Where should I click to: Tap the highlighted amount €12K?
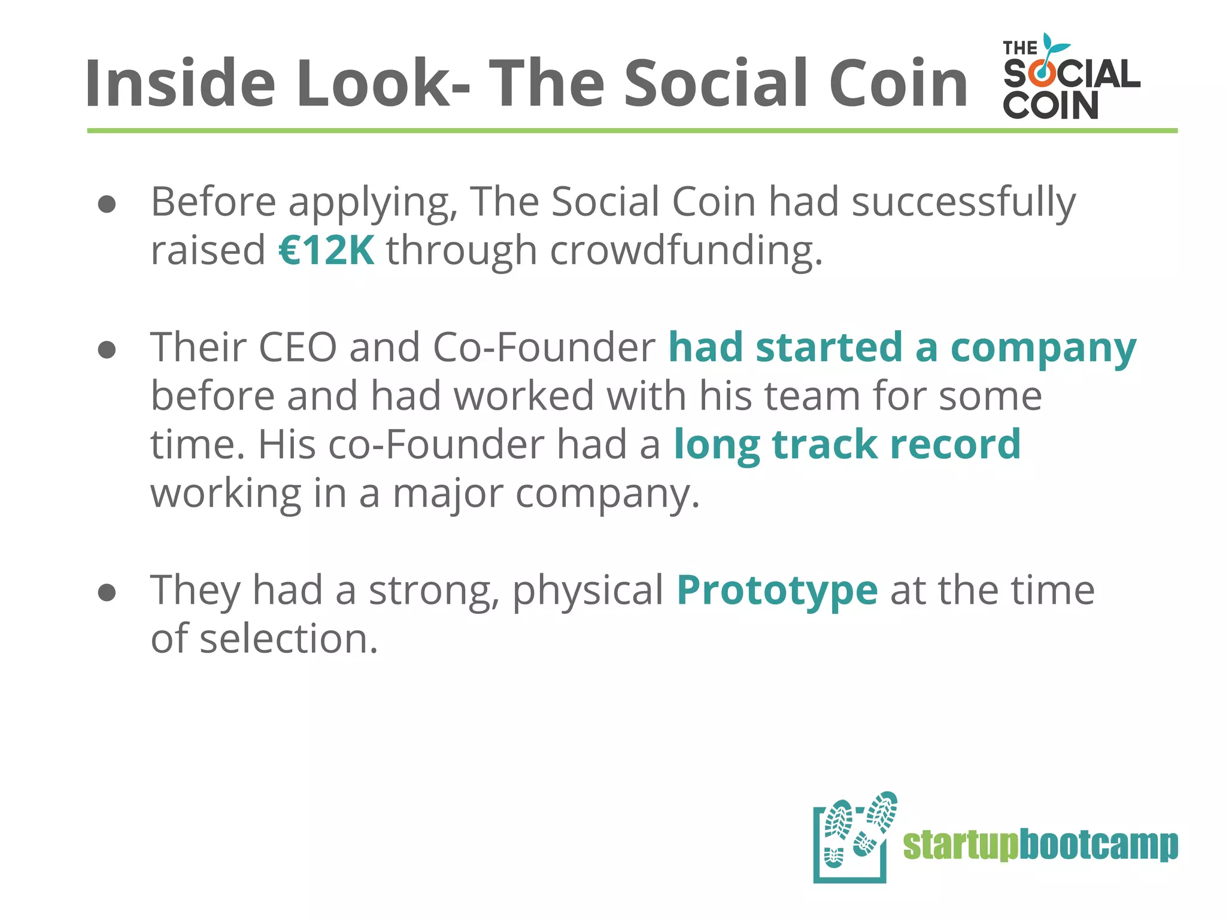(327, 250)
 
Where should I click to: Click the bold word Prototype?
(777, 590)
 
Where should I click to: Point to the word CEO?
(298, 347)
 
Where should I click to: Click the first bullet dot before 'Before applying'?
(107, 205)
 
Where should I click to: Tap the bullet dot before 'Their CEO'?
(107, 350)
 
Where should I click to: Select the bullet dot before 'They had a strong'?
(107, 593)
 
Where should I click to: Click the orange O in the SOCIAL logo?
(1043, 74)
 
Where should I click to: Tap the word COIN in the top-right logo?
(1050, 105)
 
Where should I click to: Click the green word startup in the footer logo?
(960, 845)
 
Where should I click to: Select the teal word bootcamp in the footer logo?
(1098, 845)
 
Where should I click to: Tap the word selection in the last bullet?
(289, 638)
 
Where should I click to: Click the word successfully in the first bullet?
(964, 202)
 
